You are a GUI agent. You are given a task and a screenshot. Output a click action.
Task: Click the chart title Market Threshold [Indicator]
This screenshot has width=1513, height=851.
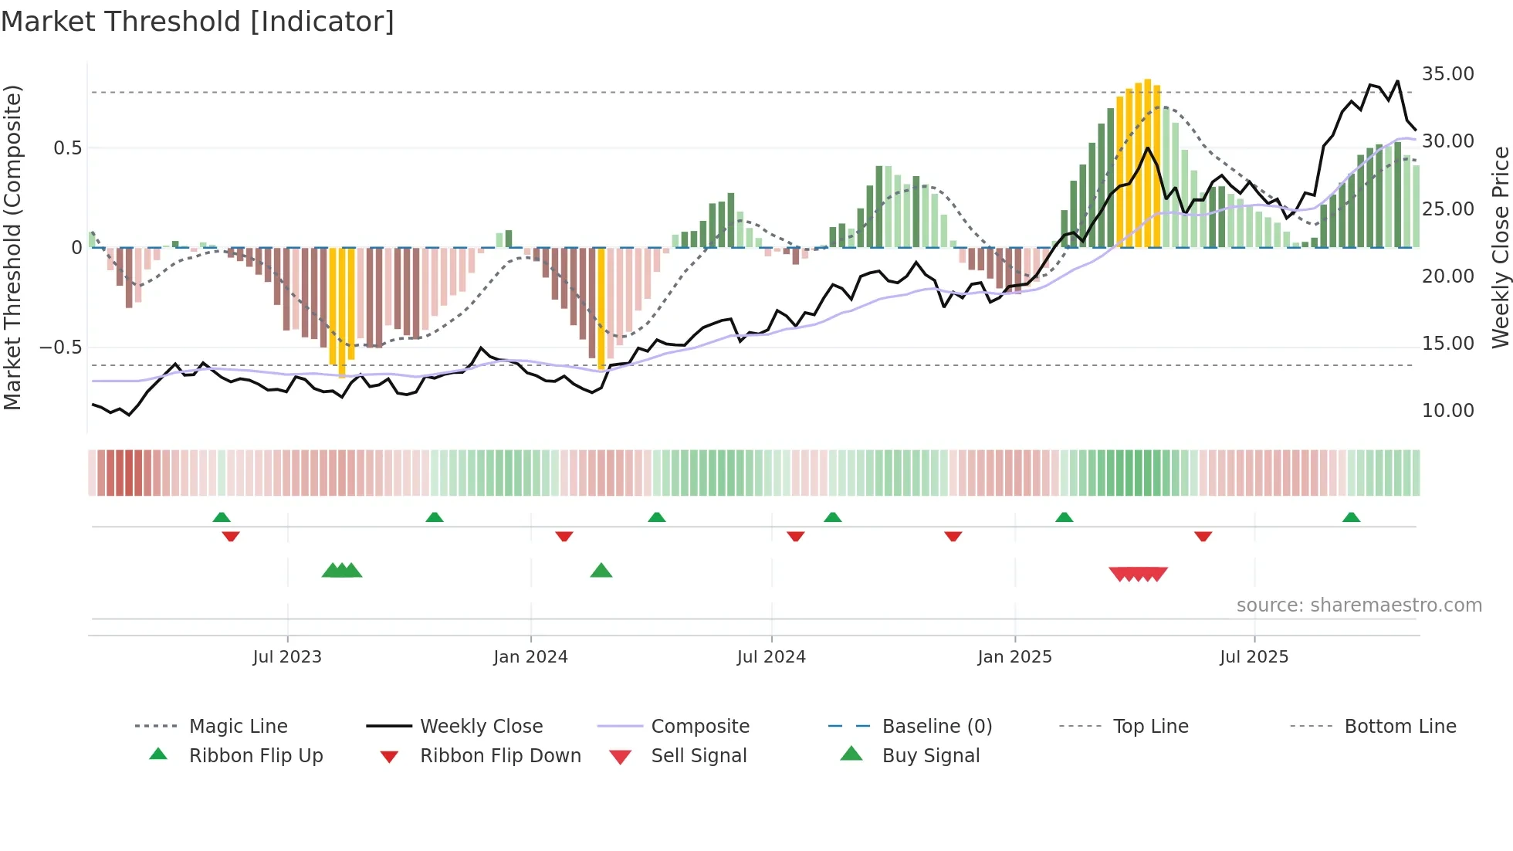click(198, 22)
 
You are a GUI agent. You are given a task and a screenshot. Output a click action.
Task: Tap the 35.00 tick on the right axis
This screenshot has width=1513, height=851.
click(1447, 74)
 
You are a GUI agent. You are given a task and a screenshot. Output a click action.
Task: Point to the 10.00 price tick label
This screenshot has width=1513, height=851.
click(1447, 411)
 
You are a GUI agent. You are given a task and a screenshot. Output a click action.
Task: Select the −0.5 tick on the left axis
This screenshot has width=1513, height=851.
click(60, 348)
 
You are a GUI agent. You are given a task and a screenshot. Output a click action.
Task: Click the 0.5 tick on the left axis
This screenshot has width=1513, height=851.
click(67, 148)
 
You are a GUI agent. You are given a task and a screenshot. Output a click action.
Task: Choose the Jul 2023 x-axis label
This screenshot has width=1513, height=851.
click(287, 657)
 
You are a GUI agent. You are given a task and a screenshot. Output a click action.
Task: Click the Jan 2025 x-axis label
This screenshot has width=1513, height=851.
click(1014, 657)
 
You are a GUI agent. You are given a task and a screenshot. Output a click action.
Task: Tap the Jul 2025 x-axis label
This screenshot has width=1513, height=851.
click(1254, 657)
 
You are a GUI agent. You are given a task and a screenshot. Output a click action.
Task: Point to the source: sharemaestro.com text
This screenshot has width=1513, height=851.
click(1359, 605)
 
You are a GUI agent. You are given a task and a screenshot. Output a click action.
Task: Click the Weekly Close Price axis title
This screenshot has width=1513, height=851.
click(1500, 247)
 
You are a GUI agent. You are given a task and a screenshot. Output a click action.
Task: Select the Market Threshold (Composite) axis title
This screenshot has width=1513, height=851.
click(12, 247)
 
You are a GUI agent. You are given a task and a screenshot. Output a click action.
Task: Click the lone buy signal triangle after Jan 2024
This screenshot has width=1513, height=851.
click(601, 571)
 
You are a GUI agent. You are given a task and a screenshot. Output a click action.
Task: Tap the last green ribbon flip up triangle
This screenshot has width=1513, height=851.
click(1351, 518)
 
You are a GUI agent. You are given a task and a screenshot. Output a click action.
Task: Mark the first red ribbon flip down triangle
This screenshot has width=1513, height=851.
click(231, 536)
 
